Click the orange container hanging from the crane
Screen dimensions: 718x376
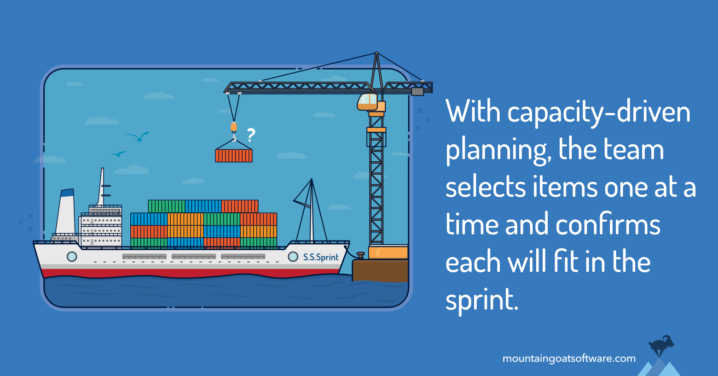[234, 156]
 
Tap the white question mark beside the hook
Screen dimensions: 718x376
[251, 135]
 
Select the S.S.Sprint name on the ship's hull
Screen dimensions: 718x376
[320, 257]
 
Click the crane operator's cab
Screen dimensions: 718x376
[368, 102]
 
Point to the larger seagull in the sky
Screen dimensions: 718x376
[138, 137]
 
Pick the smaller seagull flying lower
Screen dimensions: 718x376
[119, 154]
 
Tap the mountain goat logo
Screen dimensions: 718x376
[661, 345]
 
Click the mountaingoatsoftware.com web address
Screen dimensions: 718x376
[569, 358]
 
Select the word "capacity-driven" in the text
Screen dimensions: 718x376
[599, 113]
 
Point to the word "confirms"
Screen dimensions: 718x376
[608, 224]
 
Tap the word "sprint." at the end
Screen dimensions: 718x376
[482, 300]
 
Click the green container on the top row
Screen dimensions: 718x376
[167, 206]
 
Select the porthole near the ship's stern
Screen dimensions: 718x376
[72, 257]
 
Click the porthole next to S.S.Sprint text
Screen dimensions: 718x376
[293, 257]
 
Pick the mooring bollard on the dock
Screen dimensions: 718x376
[360, 255]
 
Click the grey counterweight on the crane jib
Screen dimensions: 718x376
[417, 91]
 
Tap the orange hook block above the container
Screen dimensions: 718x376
[234, 127]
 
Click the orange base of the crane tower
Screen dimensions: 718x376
[388, 252]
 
